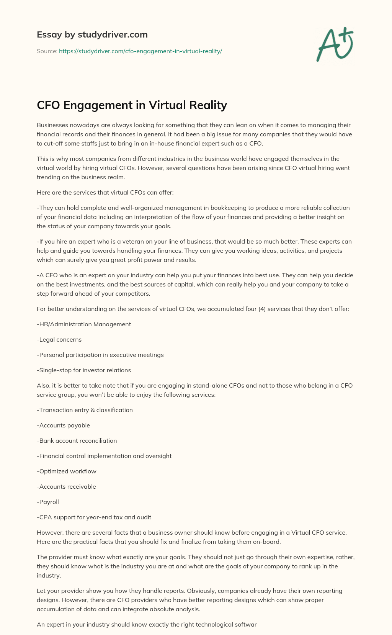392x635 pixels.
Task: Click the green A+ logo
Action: [334, 44]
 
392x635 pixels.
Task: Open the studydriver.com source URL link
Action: [140, 51]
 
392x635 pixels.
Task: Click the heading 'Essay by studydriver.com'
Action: [92, 35]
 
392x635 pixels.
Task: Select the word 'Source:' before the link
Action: [47, 51]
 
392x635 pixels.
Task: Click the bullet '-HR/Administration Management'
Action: [84, 324]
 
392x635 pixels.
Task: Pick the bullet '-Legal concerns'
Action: [59, 340]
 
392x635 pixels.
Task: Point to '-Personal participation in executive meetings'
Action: [100, 355]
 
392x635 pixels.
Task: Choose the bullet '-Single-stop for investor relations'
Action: [84, 370]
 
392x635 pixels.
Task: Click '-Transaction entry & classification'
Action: [85, 410]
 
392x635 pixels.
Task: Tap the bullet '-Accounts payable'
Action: [63, 426]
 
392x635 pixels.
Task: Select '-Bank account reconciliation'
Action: [77, 441]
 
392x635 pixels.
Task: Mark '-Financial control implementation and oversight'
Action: [104, 456]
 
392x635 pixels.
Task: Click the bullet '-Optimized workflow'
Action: [67, 471]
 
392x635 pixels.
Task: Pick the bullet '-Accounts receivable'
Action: [66, 487]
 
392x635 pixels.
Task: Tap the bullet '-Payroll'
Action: [48, 502]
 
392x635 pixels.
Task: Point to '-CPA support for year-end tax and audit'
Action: [94, 517]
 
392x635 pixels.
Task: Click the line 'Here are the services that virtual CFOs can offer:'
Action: [105, 193]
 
